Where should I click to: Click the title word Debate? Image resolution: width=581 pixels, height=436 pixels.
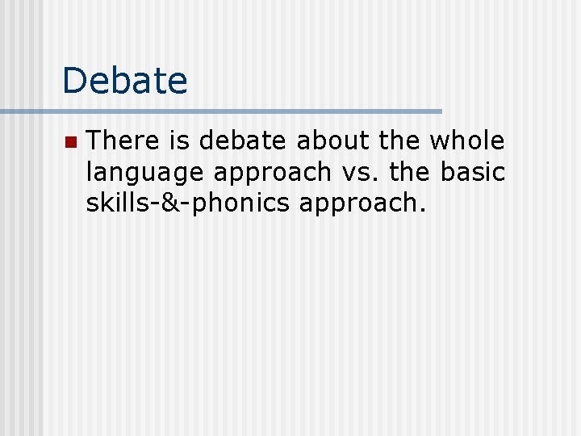click(x=124, y=81)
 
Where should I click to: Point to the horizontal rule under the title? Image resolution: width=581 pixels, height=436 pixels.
click(x=221, y=111)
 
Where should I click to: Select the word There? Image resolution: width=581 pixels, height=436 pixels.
click(x=123, y=141)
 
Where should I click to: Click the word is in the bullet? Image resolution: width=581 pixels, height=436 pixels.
click(x=179, y=141)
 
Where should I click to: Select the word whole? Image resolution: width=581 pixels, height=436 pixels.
click(x=468, y=141)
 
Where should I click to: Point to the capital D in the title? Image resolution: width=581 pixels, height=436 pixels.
click(x=74, y=81)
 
